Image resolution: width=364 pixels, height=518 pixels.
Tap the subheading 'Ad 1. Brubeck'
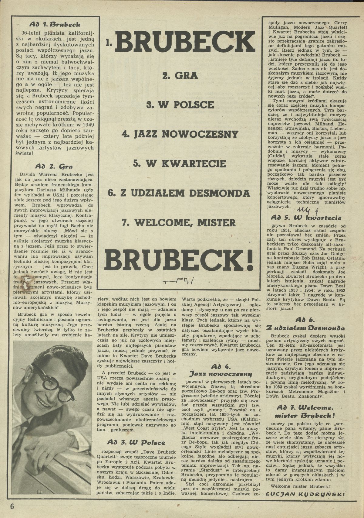pos(57,24)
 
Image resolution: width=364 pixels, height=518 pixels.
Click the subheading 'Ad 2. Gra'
pos(54,166)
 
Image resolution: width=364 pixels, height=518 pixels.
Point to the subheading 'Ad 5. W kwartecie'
pos(306,218)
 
